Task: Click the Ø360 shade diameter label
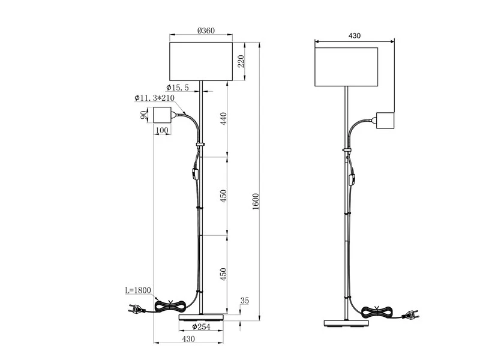tap(206, 31)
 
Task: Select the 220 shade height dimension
tap(241, 62)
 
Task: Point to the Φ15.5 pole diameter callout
tap(178, 88)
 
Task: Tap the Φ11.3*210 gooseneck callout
tap(154, 98)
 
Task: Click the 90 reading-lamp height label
tap(143, 115)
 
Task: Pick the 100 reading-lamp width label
tap(162, 130)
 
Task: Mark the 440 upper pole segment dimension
tap(223, 118)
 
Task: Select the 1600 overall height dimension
tap(256, 202)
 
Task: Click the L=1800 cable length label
tap(138, 290)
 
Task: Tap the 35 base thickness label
tap(244, 301)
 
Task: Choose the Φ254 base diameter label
tap(201, 326)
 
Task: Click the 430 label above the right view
tap(355, 35)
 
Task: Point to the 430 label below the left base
tap(188, 339)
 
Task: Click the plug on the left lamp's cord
tap(136, 308)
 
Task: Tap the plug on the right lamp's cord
tap(410, 314)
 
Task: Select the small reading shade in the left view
tap(162, 115)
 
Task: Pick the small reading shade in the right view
tap(385, 121)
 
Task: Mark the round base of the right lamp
tap(347, 323)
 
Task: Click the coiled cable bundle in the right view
tap(378, 312)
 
